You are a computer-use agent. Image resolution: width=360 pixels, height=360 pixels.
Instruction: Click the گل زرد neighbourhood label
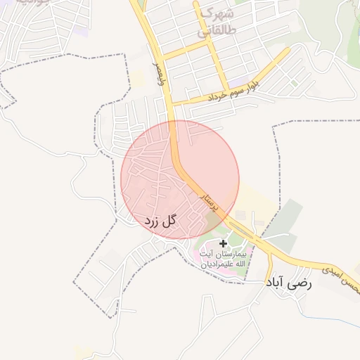(160, 221)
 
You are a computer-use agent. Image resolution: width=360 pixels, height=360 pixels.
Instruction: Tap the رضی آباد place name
(288, 283)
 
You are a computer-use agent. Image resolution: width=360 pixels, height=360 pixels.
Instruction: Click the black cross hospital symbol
(223, 243)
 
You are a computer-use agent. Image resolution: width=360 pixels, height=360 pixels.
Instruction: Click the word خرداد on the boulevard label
(219, 94)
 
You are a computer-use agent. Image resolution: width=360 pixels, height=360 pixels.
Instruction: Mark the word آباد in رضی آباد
(276, 283)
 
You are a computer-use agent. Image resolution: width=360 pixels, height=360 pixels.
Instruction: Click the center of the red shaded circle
(180, 179)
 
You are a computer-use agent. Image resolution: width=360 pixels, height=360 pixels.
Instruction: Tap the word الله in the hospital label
(239, 264)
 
